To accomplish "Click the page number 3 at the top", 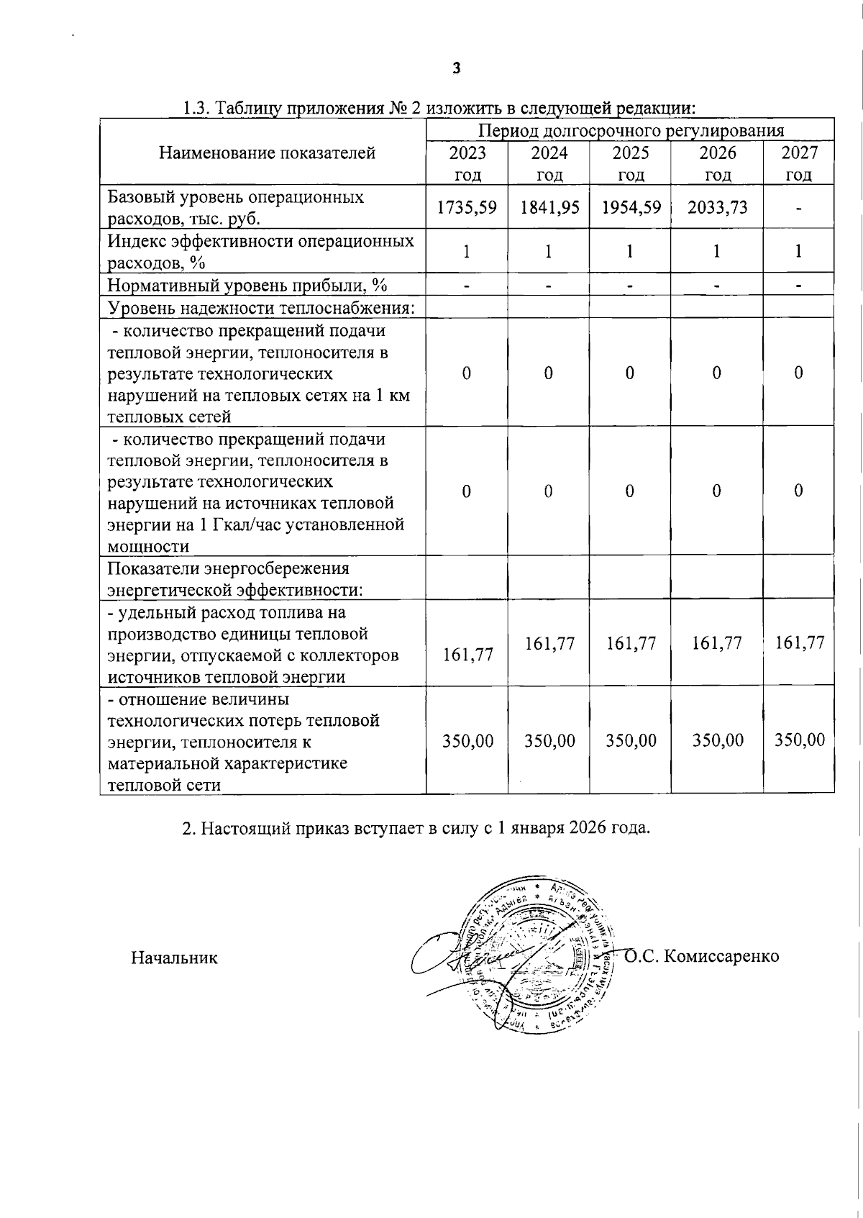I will pyautogui.click(x=456, y=69).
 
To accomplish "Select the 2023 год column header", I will pyautogui.click(x=467, y=163).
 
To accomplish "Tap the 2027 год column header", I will pyautogui.click(x=799, y=163).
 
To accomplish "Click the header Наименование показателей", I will pyautogui.click(x=267, y=153).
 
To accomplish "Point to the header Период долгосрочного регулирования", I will pyautogui.click(x=631, y=130).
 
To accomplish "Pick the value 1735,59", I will pyautogui.click(x=467, y=207).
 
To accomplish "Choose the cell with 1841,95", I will pyautogui.click(x=549, y=207).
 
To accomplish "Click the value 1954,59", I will pyautogui.click(x=631, y=207).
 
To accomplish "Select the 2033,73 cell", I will pyautogui.click(x=717, y=207).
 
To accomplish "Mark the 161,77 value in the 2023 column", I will pyautogui.click(x=468, y=654).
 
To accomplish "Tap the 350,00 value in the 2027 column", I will pyautogui.click(x=799, y=740).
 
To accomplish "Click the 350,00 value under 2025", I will pyautogui.click(x=631, y=740).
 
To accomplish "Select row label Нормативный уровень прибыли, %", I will pyautogui.click(x=247, y=286).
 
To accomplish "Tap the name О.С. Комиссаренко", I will pyautogui.click(x=702, y=956).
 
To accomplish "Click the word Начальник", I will pyautogui.click(x=174, y=958).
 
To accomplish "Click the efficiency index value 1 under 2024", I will pyautogui.click(x=549, y=251).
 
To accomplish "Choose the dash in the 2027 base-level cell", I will pyautogui.click(x=798, y=209).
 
